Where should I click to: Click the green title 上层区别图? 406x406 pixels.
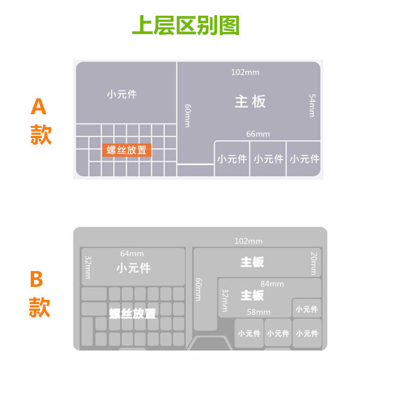186,25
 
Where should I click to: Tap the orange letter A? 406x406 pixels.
38,107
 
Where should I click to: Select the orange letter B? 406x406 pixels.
36,279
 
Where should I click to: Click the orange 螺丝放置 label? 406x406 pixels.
127,150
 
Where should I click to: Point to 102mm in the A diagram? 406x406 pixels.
245,72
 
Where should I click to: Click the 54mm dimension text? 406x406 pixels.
312,105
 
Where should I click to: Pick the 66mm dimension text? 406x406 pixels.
258,134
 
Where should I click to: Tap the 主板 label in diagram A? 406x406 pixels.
250,101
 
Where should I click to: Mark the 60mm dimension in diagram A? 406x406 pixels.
187,115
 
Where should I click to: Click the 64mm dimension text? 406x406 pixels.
132,253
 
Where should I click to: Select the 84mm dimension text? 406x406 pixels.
272,284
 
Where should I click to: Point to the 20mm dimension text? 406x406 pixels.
313,263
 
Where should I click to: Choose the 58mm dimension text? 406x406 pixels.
259,312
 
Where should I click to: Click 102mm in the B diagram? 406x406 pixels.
248,241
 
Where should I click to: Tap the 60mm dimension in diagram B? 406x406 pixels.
198,290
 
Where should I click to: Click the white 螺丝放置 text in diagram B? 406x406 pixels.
133,314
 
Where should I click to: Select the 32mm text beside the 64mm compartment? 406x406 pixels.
87,267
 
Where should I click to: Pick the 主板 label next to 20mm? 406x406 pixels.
252,262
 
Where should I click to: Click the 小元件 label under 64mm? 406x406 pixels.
133,268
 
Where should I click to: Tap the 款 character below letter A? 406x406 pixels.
41,135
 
